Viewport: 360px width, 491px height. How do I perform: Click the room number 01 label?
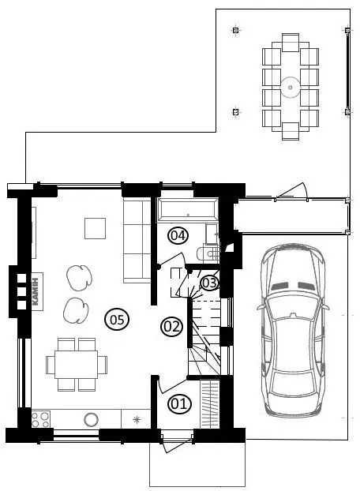(x=179, y=403)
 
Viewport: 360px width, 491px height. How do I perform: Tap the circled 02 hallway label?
(x=171, y=327)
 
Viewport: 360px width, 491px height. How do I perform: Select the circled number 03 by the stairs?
(x=209, y=283)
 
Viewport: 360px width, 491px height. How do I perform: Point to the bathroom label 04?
(x=178, y=235)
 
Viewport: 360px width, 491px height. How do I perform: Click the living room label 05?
(x=117, y=320)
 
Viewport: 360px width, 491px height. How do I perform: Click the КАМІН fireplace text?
(x=36, y=291)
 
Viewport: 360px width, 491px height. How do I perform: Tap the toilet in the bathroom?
(x=208, y=253)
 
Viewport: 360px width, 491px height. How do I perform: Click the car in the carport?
(x=293, y=331)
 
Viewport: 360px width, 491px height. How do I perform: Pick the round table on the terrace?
(x=291, y=87)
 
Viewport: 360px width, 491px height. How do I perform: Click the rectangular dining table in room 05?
(x=76, y=365)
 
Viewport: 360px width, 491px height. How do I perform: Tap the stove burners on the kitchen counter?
(x=40, y=420)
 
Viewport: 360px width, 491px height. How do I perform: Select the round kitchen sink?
(x=91, y=418)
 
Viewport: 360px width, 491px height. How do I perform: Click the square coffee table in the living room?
(x=95, y=229)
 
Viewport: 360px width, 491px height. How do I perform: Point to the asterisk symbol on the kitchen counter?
(x=137, y=420)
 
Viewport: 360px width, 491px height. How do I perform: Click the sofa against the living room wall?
(x=137, y=241)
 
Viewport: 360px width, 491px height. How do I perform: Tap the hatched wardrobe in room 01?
(x=209, y=403)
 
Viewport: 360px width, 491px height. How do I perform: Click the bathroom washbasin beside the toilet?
(x=212, y=234)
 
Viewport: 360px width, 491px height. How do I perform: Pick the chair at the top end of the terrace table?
(x=291, y=43)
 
